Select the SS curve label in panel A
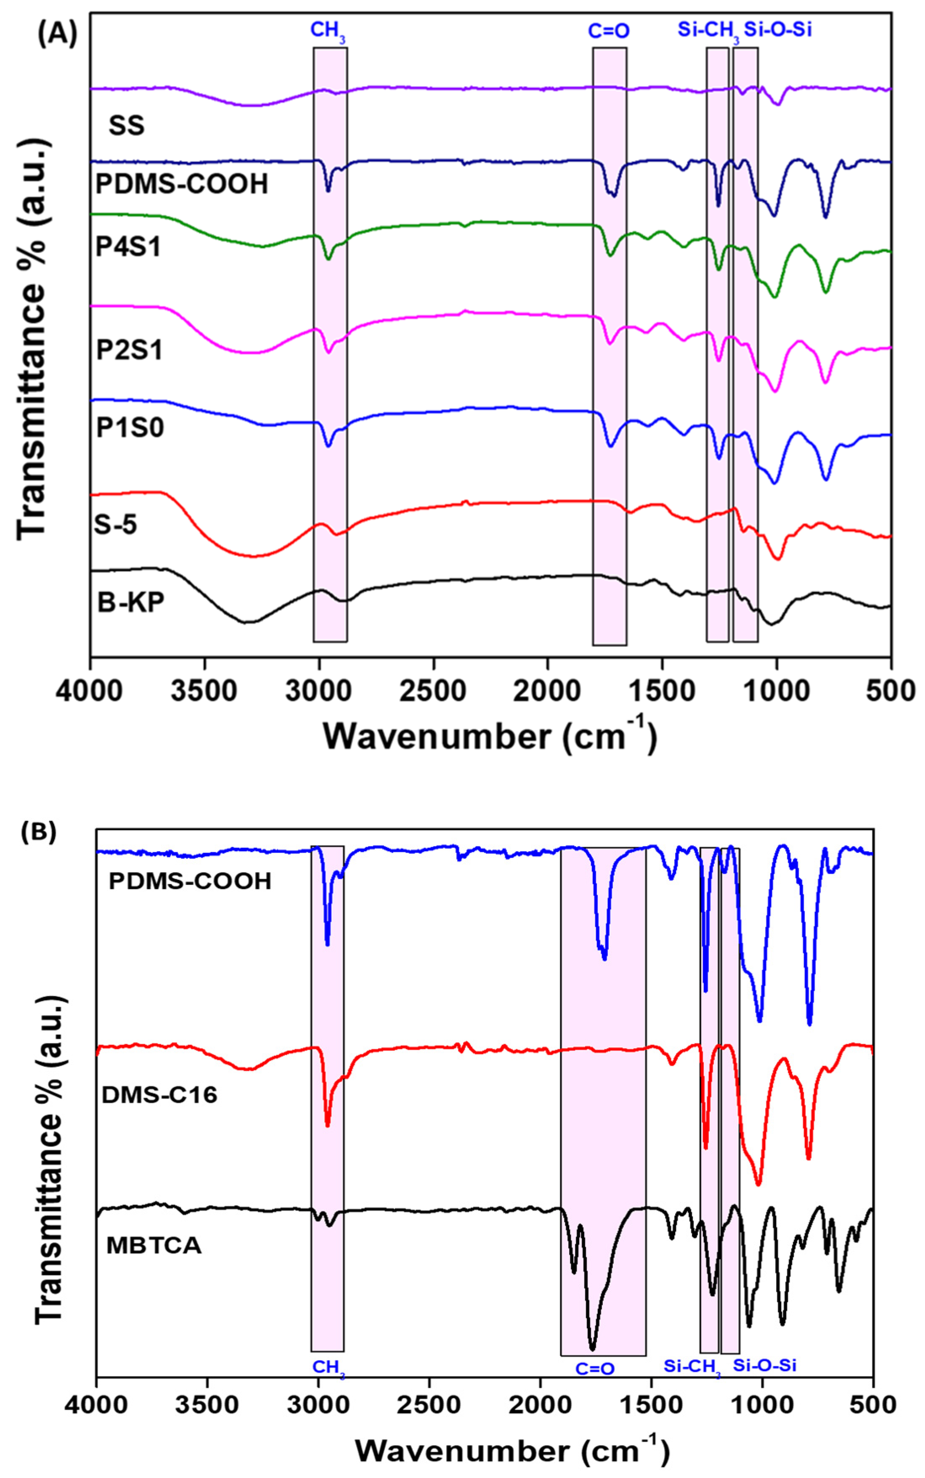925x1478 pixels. coord(127,126)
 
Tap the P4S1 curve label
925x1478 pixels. coord(128,247)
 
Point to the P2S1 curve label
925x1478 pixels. coord(130,350)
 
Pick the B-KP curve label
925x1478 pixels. coord(131,602)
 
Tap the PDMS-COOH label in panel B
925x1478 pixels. coord(190,881)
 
